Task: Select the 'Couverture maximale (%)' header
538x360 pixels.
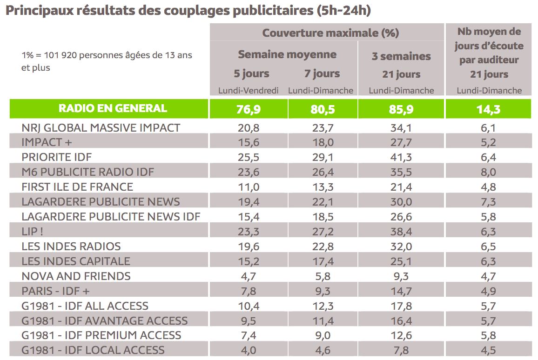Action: (330, 33)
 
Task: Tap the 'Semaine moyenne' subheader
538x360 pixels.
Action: (287, 54)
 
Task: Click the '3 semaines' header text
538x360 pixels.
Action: (401, 56)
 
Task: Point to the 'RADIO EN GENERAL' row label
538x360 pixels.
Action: (113, 108)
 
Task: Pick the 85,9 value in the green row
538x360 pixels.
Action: (401, 109)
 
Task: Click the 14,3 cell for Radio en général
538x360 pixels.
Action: (489, 109)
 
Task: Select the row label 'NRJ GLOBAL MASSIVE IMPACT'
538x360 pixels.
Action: (101, 127)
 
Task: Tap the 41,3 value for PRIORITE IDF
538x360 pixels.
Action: (401, 157)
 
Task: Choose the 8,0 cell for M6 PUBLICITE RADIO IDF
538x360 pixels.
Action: (489, 172)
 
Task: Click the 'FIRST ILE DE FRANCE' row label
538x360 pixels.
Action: (77, 187)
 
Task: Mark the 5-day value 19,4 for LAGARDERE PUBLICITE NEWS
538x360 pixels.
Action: (249, 202)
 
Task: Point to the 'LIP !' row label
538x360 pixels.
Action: (36, 232)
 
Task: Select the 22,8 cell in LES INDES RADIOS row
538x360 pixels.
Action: (323, 247)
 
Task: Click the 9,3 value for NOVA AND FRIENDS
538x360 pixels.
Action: (401, 276)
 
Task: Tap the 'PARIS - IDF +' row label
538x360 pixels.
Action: (55, 291)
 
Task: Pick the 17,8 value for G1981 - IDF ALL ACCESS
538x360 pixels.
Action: (401, 306)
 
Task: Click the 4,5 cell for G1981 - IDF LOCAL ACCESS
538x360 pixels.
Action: (489, 351)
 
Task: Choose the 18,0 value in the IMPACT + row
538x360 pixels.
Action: (323, 142)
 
